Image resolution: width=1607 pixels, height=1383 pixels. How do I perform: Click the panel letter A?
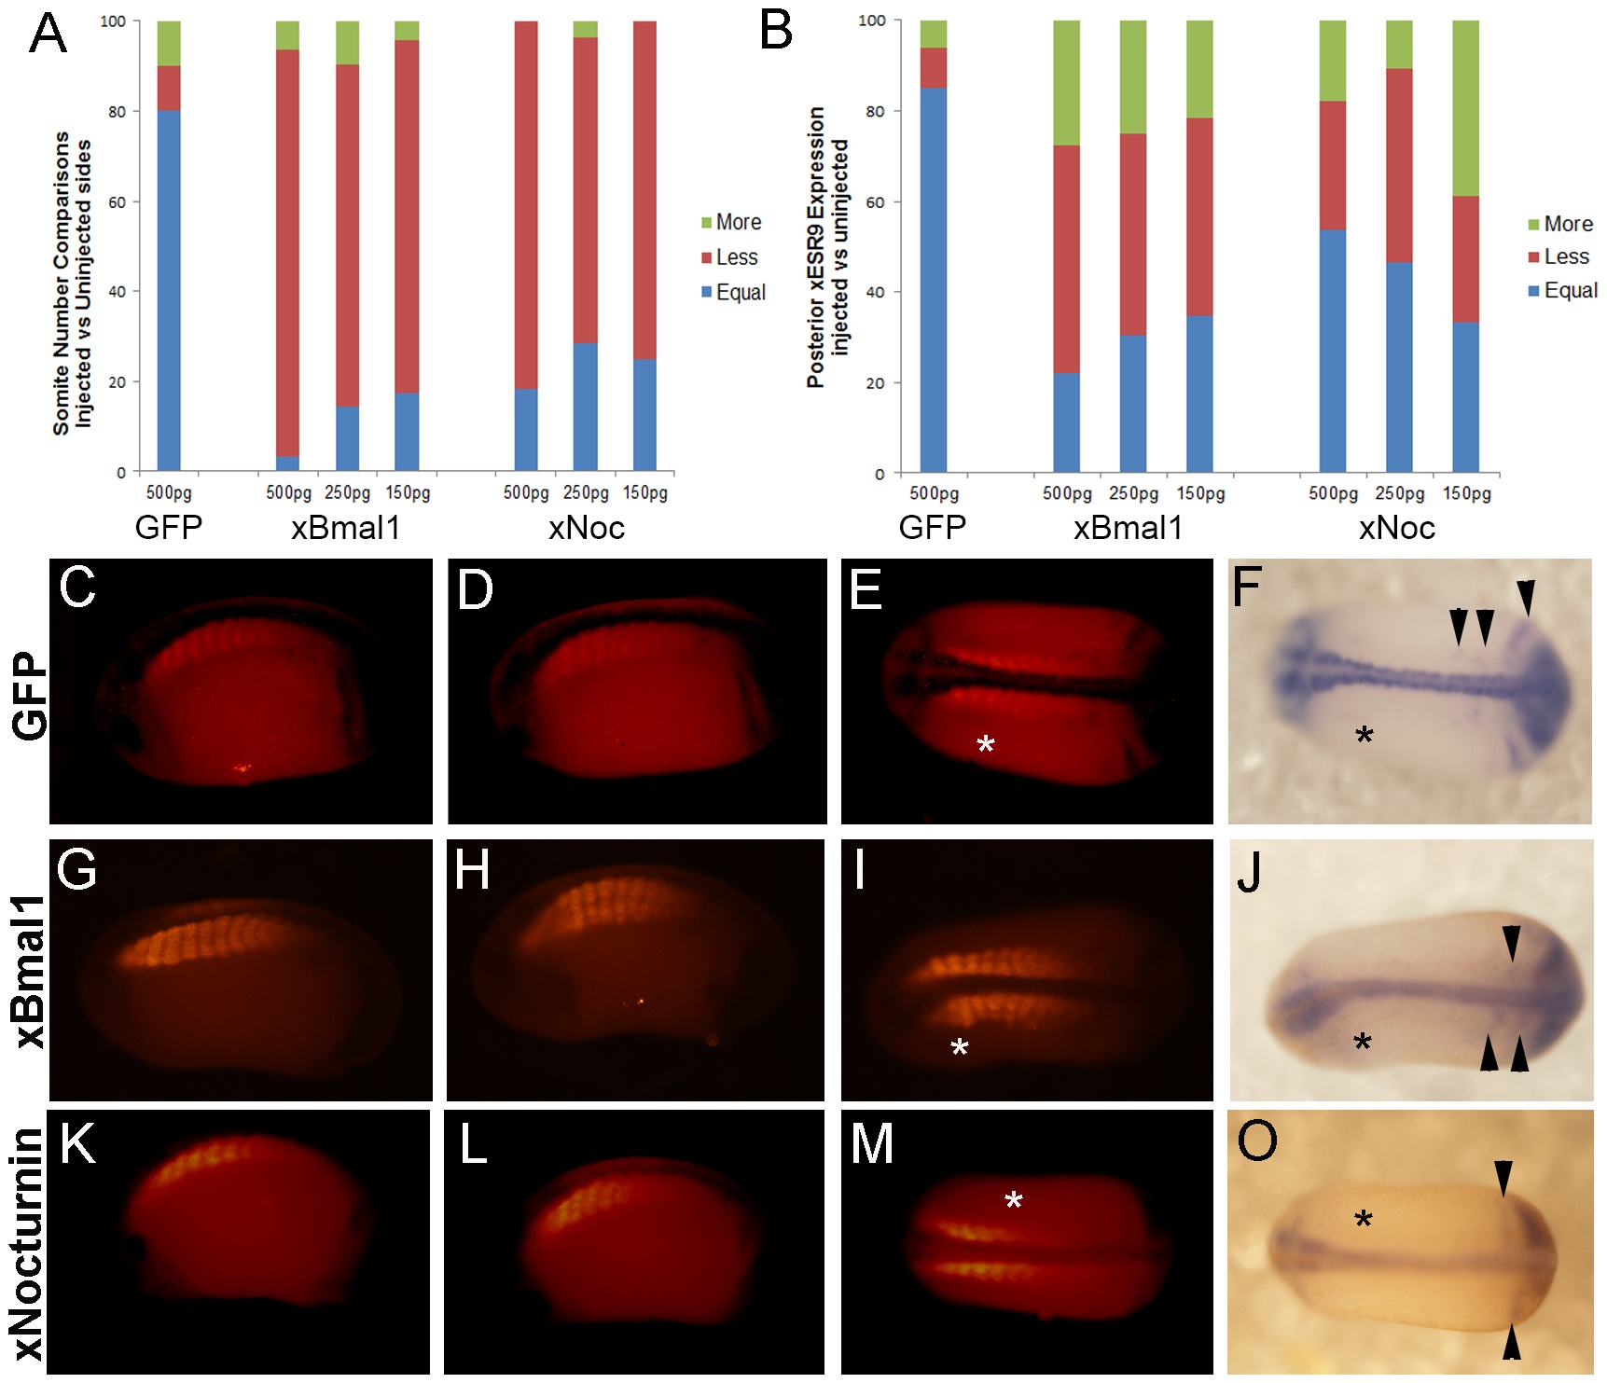(x=48, y=34)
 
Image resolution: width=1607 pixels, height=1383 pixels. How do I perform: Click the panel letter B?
(x=776, y=30)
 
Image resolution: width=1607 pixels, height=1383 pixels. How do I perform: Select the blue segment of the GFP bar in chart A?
(x=169, y=289)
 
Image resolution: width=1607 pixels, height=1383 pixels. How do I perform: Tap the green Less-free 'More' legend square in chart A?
(x=707, y=223)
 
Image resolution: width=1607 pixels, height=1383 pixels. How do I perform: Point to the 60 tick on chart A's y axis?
(x=117, y=201)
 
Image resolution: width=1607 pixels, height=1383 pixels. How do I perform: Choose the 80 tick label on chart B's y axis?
(x=874, y=111)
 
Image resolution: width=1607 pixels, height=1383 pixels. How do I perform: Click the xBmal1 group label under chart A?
(x=345, y=528)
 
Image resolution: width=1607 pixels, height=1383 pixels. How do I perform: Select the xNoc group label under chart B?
(x=1396, y=528)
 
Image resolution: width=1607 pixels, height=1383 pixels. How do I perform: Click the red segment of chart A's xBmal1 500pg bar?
(x=288, y=252)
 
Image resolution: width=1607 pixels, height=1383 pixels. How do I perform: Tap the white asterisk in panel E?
(x=986, y=744)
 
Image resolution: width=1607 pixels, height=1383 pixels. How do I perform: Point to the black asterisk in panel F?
(x=1365, y=736)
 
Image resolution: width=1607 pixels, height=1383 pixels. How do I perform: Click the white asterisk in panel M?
(x=1014, y=1201)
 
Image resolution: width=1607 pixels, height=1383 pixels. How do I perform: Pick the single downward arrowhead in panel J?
(x=1511, y=942)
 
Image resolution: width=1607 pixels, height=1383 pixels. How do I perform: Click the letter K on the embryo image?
(x=77, y=1144)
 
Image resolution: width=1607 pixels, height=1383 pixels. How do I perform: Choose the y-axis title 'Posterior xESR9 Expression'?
(x=816, y=247)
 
